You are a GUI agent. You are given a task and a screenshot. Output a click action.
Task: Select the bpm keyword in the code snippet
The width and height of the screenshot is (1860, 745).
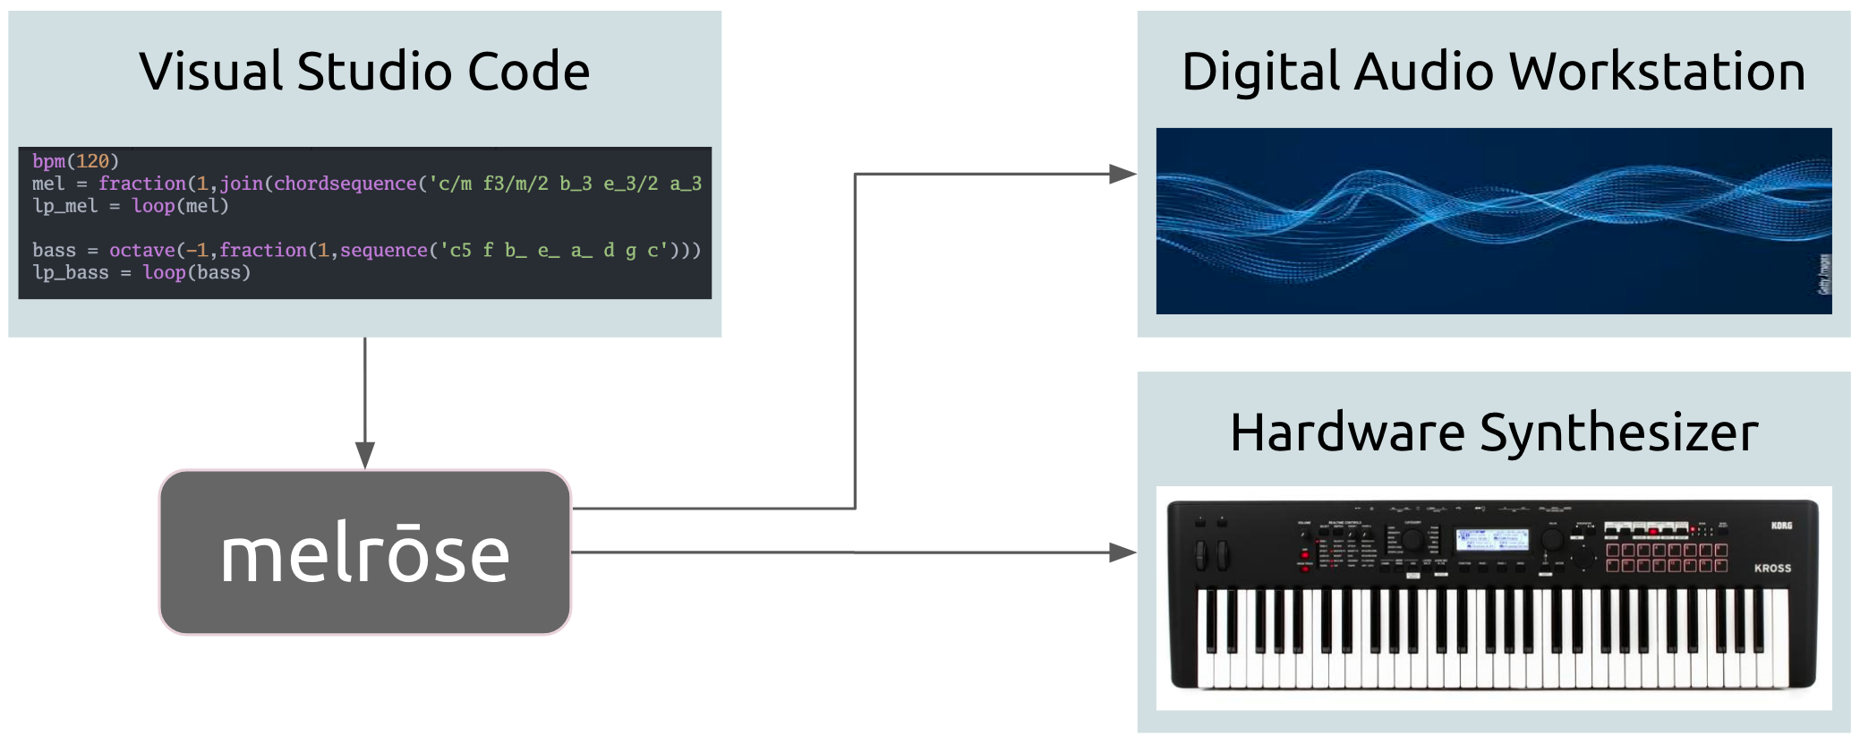pos(49,161)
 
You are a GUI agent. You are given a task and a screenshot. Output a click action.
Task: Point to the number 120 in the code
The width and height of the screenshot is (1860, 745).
pos(92,161)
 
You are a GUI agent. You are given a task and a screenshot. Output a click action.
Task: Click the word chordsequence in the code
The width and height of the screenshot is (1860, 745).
pos(346,184)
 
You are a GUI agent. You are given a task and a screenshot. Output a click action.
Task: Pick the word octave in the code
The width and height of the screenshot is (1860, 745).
pos(142,250)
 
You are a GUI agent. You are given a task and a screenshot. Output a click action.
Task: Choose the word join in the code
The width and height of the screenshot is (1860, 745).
pos(242,184)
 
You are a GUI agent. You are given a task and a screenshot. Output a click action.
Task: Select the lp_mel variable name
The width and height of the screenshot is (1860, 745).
pos(65,206)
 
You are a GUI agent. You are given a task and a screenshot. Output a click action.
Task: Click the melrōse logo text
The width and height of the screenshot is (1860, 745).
pos(365,555)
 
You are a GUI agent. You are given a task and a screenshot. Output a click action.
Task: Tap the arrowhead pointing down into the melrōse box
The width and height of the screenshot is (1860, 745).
pos(365,455)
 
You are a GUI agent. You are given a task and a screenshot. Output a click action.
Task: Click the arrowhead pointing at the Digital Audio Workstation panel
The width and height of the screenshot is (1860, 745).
pos(1122,174)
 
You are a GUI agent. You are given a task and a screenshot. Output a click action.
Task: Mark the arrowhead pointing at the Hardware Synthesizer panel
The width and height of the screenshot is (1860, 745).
pos(1122,552)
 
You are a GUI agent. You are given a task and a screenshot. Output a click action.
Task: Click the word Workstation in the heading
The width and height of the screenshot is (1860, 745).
pos(1657,72)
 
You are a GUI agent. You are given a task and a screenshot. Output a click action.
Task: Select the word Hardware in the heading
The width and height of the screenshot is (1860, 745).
pos(1348,433)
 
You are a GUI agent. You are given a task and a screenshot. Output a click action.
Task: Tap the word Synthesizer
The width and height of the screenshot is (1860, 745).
pos(1619,433)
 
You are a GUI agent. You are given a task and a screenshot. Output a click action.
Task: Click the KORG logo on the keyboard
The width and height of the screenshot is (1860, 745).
pos(1781,526)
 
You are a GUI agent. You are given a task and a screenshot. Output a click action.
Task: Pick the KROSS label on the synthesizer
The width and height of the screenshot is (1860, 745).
pos(1772,568)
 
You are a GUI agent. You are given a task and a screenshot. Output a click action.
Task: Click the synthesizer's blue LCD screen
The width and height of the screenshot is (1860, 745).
pos(1491,539)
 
